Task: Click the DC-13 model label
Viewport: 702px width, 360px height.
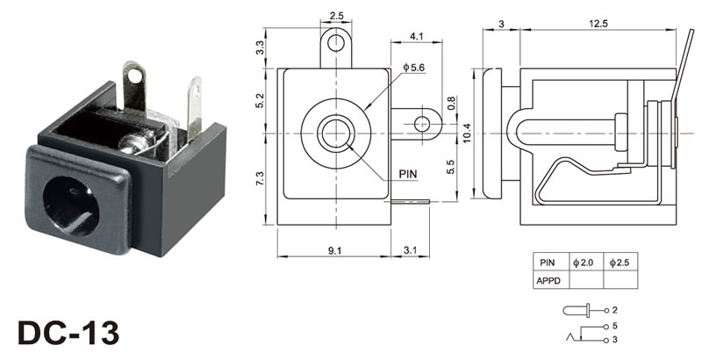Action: pos(67,334)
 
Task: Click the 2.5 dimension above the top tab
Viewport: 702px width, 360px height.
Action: pos(336,15)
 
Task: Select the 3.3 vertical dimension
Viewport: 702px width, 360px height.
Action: pos(260,48)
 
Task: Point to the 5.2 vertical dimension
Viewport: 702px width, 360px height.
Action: pos(260,100)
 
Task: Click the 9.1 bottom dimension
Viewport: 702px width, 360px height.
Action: pos(334,251)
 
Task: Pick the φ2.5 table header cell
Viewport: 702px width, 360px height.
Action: pos(620,263)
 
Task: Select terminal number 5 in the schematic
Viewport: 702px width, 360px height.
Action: pos(615,326)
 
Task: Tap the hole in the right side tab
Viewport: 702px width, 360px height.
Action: pos(423,123)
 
